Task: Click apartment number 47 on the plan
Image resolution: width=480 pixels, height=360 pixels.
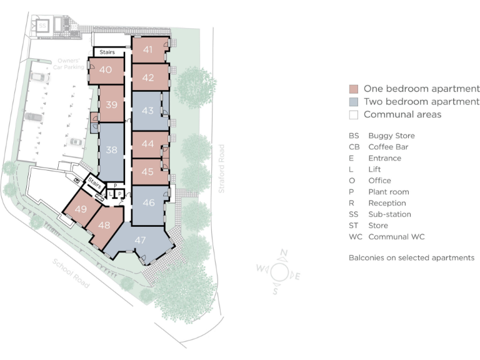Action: click(x=141, y=239)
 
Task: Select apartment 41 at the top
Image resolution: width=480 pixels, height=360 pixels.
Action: click(x=148, y=49)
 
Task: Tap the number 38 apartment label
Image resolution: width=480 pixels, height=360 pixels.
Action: click(x=112, y=150)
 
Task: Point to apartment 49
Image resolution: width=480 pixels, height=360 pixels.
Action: click(x=81, y=209)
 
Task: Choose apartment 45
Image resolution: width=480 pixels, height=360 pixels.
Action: click(x=148, y=171)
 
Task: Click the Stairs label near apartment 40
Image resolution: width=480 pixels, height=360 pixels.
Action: click(x=107, y=52)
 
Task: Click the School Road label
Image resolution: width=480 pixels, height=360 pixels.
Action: click(x=71, y=273)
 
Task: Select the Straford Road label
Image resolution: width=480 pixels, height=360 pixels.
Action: click(x=222, y=168)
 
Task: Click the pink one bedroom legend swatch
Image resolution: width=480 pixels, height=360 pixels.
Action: click(x=354, y=89)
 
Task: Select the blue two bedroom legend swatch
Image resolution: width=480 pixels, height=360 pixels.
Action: click(x=354, y=102)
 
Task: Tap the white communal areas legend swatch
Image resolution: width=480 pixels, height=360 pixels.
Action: click(x=354, y=115)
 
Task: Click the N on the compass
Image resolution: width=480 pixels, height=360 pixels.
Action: click(x=284, y=253)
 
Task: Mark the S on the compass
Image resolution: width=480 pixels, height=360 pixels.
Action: click(x=275, y=291)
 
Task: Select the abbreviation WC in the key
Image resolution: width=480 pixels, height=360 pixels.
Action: click(x=355, y=237)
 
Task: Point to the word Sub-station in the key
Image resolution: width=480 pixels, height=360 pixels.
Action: click(x=390, y=214)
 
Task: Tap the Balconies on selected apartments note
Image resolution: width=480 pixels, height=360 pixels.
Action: click(x=411, y=257)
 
